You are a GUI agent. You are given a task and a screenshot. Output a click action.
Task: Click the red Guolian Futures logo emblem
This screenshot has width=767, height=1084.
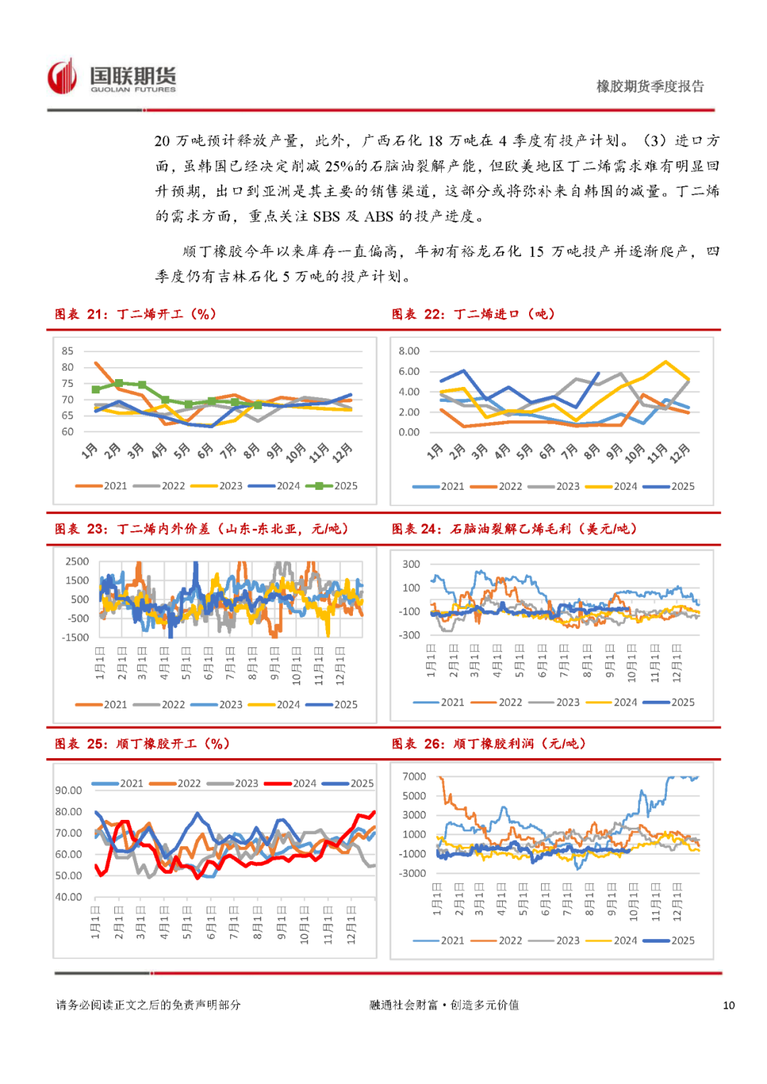[62, 77]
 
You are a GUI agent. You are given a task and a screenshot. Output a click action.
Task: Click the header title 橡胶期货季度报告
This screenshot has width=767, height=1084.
[650, 87]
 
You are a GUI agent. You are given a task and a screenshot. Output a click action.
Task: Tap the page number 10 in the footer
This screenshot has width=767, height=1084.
[729, 1005]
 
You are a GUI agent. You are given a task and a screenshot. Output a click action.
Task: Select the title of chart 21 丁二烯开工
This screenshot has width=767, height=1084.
[135, 314]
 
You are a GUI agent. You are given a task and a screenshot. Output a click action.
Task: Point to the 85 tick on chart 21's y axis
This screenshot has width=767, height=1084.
[67, 351]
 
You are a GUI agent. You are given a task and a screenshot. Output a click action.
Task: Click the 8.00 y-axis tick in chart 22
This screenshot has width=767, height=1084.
[408, 351]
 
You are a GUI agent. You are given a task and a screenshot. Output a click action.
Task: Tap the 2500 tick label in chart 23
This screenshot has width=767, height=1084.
[77, 561]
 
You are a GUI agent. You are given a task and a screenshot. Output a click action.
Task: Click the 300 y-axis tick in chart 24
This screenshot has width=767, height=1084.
[411, 564]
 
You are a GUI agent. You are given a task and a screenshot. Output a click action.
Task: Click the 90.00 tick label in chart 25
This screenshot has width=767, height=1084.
[69, 790]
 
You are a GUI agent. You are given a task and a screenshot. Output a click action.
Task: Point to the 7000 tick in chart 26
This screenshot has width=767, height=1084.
[414, 776]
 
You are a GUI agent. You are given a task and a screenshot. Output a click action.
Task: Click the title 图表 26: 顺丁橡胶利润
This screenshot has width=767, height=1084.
[489, 743]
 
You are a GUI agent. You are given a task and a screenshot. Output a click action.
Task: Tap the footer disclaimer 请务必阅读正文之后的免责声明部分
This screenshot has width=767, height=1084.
[148, 1005]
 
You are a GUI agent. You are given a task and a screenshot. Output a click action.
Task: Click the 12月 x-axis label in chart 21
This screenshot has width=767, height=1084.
[343, 451]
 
